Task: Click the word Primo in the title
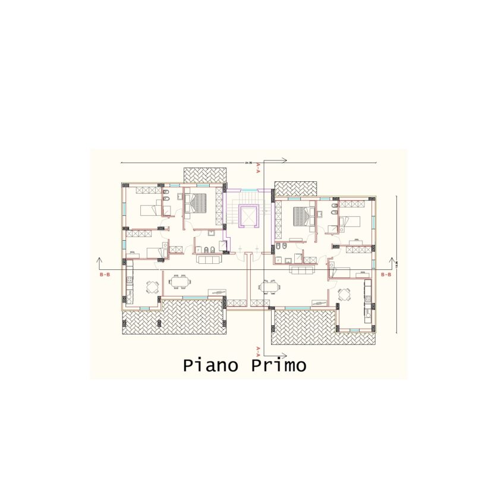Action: pyautogui.click(x=278, y=365)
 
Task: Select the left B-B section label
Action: pyautogui.click(x=105, y=275)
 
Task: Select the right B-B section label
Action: pyautogui.click(x=386, y=275)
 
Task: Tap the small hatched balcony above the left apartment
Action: pyautogui.click(x=205, y=175)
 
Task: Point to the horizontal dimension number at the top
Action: pyautogui.click(x=248, y=162)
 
